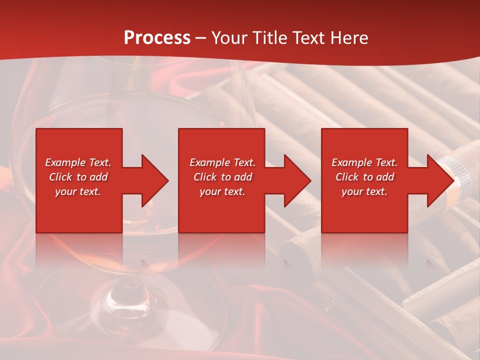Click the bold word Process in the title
click(157, 38)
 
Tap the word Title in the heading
click(269, 38)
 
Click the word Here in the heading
click(348, 38)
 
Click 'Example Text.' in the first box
click(78, 162)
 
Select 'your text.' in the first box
click(78, 191)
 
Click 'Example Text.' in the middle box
click(222, 162)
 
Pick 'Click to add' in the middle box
click(222, 177)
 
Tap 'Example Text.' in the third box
click(364, 162)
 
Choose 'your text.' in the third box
click(364, 191)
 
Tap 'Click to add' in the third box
click(364, 177)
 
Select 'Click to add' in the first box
click(78, 177)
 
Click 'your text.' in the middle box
click(222, 191)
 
